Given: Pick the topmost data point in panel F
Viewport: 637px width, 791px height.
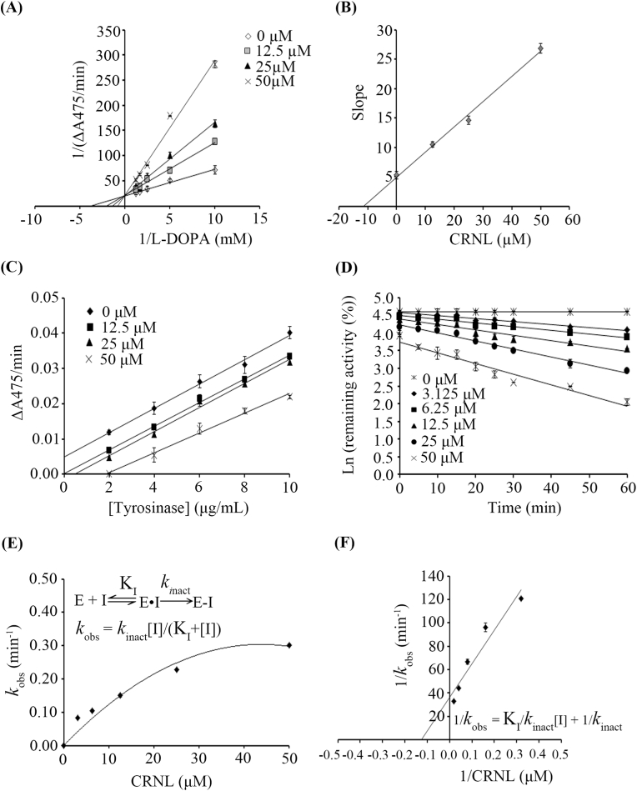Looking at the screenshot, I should (x=521, y=598).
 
